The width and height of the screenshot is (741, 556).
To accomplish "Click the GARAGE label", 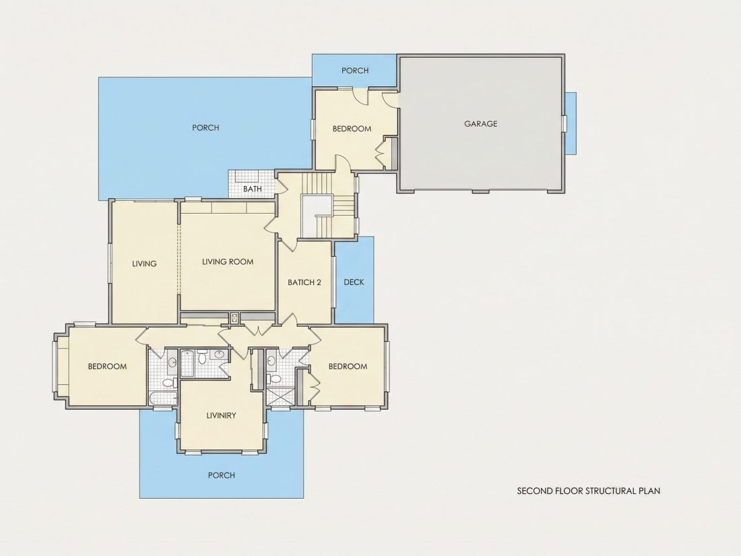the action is (x=480, y=124).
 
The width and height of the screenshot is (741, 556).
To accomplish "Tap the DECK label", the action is (x=354, y=282).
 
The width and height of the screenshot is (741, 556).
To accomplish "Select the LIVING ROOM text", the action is (x=228, y=262).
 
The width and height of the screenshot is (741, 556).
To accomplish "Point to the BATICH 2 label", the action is (x=304, y=283).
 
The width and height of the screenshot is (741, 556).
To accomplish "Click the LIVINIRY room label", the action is (x=221, y=416).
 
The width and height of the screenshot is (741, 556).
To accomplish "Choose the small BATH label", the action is (x=253, y=189).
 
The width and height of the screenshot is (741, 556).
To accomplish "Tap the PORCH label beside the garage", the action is (x=355, y=71).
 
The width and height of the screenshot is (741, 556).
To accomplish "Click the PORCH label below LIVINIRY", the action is (x=222, y=475).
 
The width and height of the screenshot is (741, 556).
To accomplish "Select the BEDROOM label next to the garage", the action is (x=352, y=129).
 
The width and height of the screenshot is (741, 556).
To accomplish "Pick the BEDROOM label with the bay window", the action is (x=107, y=367).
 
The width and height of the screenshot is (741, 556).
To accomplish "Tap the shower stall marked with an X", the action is (x=280, y=397).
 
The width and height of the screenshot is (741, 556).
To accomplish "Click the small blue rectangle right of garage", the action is (x=571, y=123).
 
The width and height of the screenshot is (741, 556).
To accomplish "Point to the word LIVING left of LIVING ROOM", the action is (x=144, y=264).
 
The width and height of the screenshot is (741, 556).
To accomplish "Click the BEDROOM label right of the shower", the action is (x=348, y=367).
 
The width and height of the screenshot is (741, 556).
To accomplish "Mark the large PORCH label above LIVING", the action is (x=205, y=127).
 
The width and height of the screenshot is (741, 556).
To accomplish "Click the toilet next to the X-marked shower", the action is (x=274, y=379).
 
